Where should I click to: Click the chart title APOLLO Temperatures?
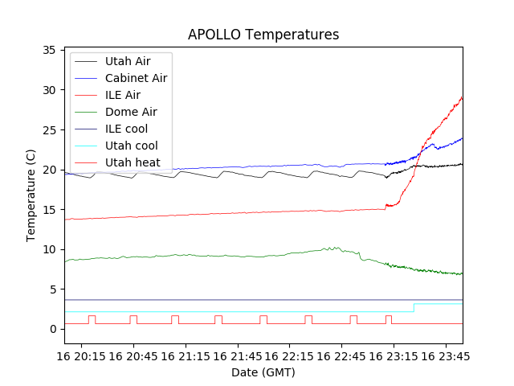click(263, 35)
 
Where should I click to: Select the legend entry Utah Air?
click(128, 61)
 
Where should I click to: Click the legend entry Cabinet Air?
click(136, 78)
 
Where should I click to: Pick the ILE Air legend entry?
click(123, 95)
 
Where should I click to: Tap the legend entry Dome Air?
click(131, 112)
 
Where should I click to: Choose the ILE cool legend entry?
click(126, 129)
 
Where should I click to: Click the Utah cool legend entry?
click(132, 146)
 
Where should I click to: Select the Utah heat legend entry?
click(133, 162)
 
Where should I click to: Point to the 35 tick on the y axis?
click(48, 50)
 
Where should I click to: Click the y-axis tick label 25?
click(48, 129)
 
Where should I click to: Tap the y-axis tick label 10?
click(48, 249)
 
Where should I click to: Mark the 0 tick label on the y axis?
click(51, 329)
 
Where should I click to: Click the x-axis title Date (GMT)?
click(263, 372)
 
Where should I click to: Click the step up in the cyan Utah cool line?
click(414, 307)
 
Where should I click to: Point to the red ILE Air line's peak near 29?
click(461, 97)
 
